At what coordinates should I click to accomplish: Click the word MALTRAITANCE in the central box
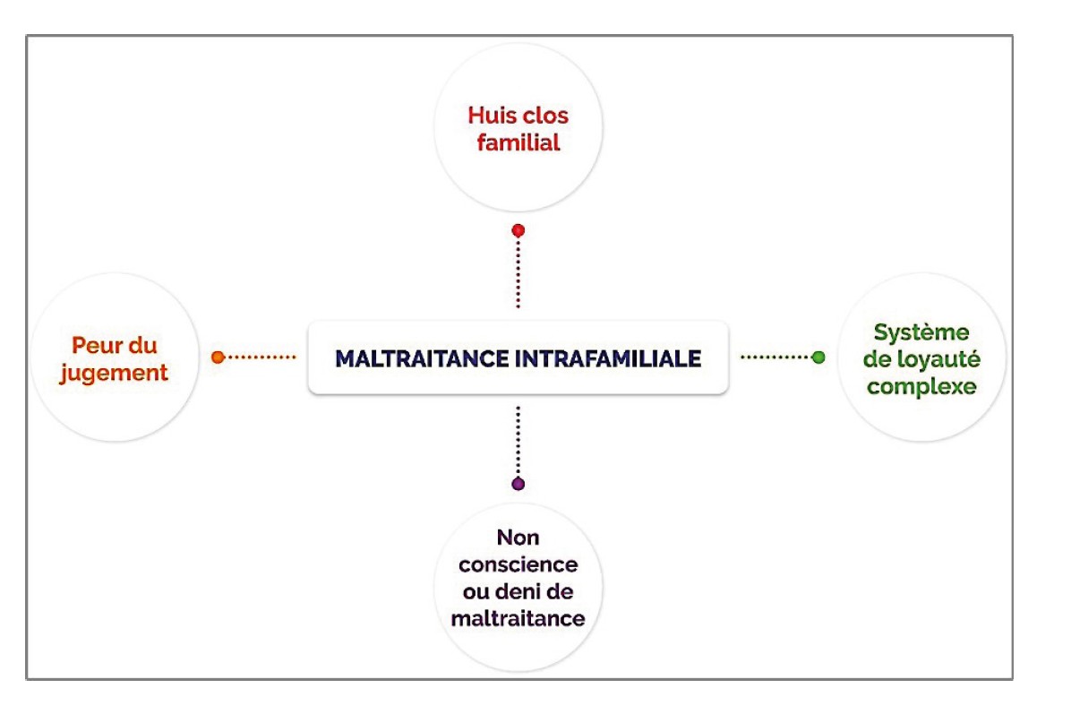[x=422, y=358]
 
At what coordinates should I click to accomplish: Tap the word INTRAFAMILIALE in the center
[x=608, y=358]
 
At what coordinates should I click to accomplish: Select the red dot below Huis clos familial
[x=518, y=231]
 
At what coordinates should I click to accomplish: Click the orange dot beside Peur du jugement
[x=218, y=357]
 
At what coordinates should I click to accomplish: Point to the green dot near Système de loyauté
[x=818, y=357]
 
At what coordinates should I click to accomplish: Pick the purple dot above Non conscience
[x=518, y=484]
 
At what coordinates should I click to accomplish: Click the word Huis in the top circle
[x=489, y=116]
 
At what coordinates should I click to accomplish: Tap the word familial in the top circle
[x=518, y=142]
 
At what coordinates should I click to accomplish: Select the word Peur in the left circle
[x=94, y=345]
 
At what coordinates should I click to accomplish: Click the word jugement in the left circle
[x=114, y=374]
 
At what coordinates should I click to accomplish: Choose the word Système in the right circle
[x=921, y=332]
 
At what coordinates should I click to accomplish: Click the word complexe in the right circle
[x=921, y=387]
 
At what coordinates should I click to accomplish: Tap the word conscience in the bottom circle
[x=518, y=564]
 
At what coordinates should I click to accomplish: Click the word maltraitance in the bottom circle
[x=518, y=618]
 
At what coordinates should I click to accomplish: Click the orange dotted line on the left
[x=261, y=357]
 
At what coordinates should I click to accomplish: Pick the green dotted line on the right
[x=775, y=357]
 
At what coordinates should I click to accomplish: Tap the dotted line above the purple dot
[x=518, y=441]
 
